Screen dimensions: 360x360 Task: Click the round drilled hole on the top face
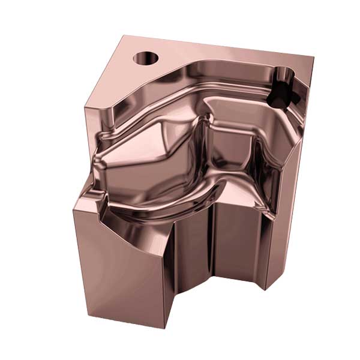(145, 59)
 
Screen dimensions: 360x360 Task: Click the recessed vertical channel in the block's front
(192, 264)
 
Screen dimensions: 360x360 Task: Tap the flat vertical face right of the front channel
(237, 252)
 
